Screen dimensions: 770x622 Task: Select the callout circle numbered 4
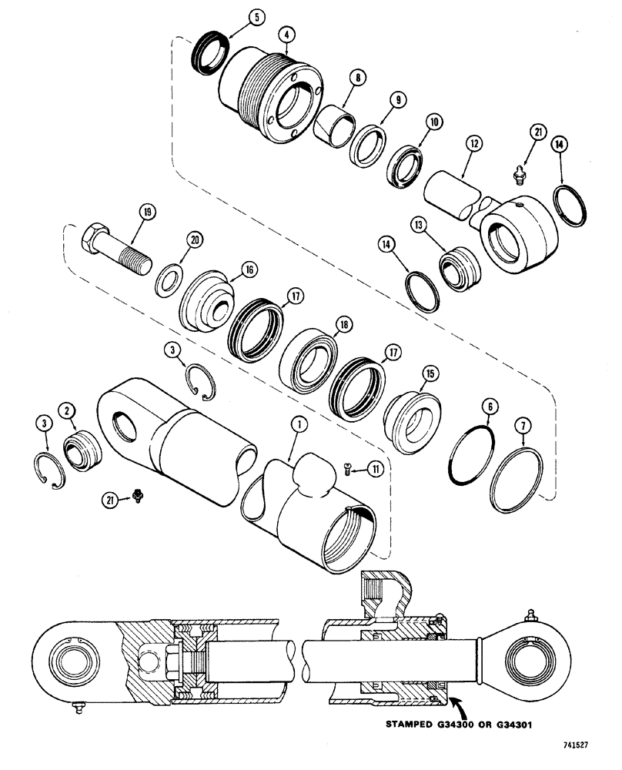click(286, 34)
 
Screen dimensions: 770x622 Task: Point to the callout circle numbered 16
click(249, 269)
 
